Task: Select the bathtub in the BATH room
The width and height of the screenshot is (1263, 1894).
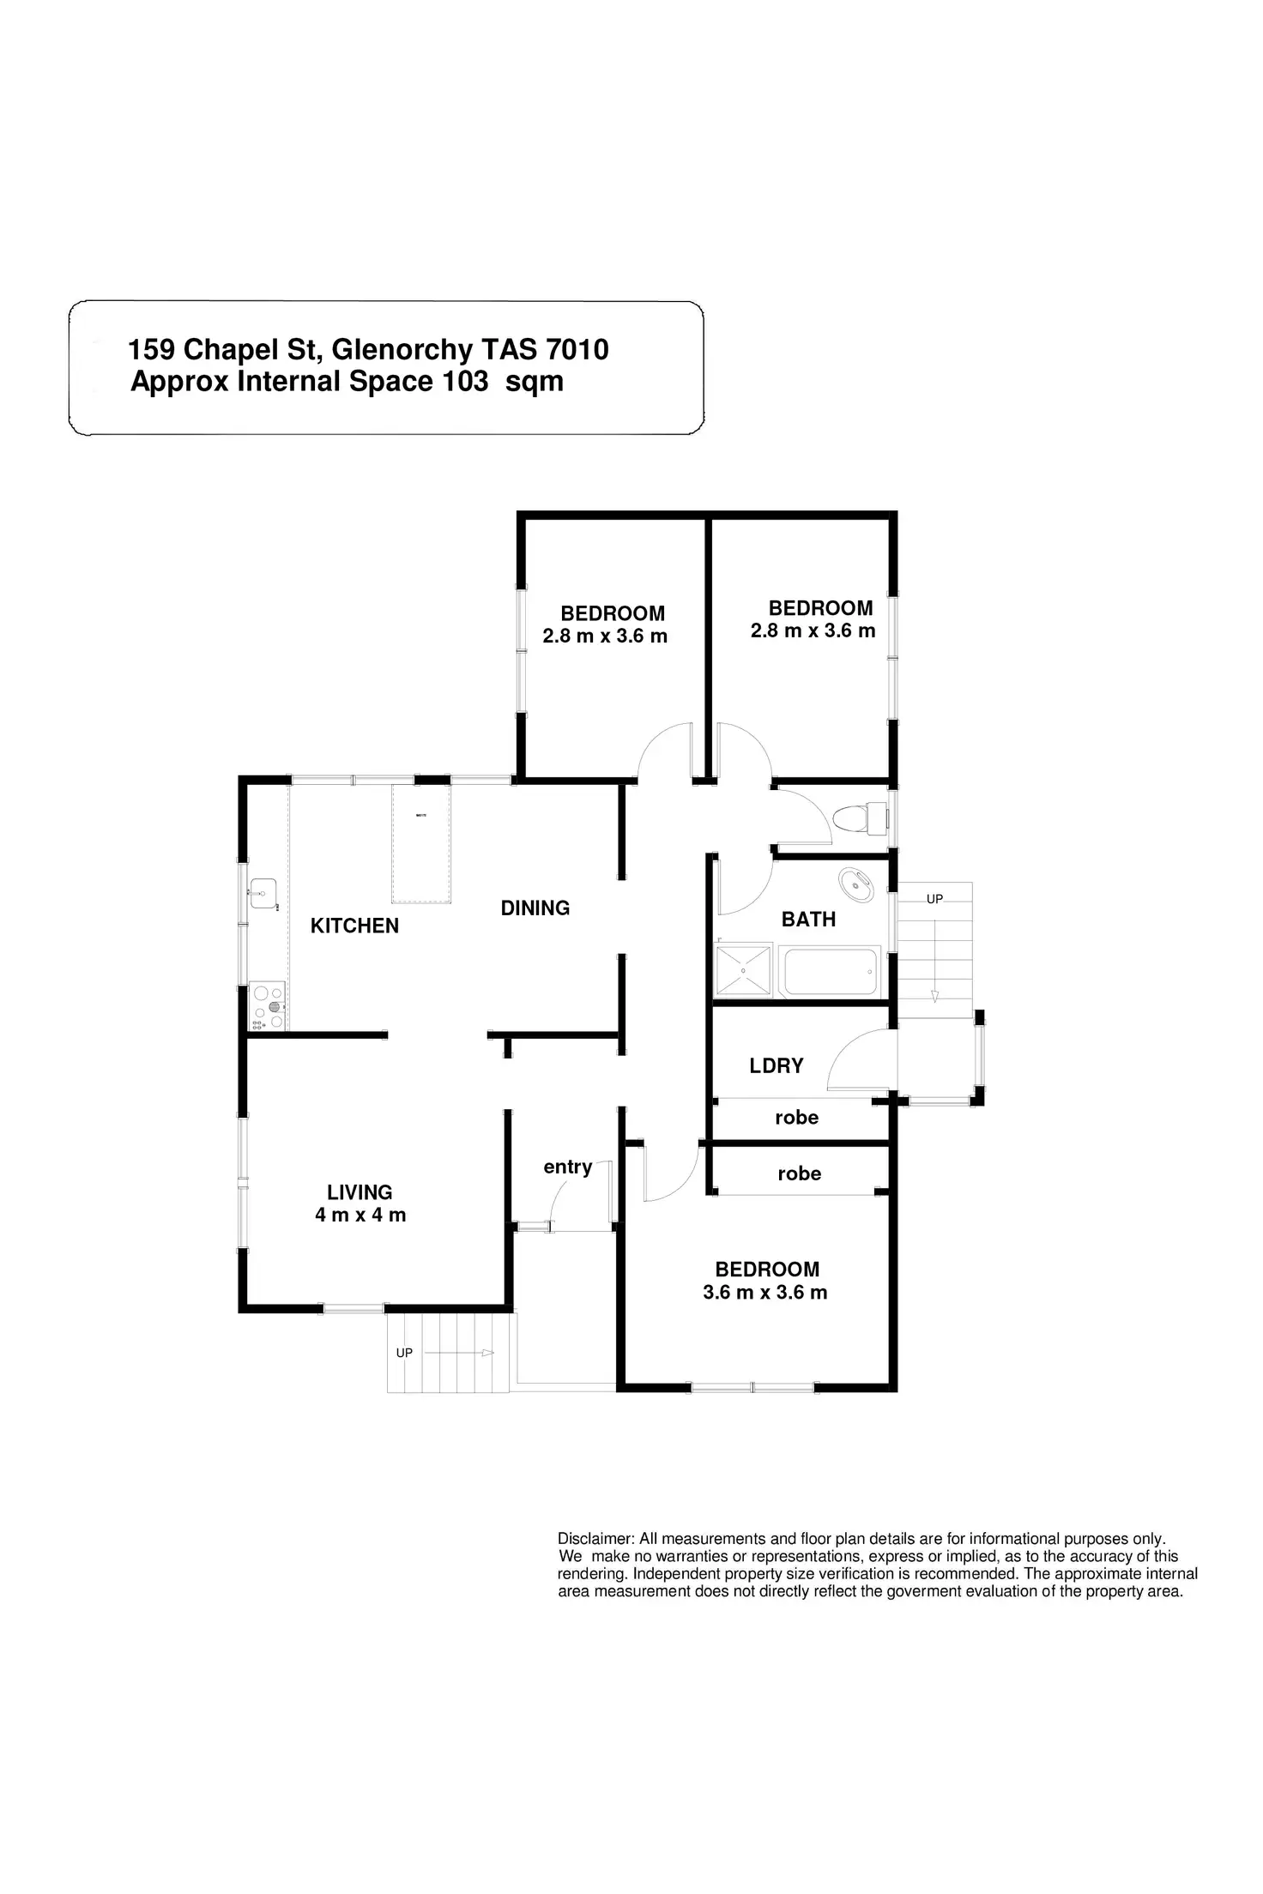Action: [x=831, y=971]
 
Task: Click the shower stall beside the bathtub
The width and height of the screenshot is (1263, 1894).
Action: [x=744, y=971]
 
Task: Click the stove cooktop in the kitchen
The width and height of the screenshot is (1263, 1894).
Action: [x=267, y=1006]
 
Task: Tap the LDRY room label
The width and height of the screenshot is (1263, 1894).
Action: [x=776, y=1065]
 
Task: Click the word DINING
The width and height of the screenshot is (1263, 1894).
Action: [x=535, y=908]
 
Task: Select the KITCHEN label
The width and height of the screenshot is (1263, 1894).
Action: [x=354, y=926]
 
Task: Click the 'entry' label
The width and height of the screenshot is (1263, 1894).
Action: [x=567, y=1167]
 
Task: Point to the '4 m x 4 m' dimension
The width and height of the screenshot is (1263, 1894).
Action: [x=360, y=1215]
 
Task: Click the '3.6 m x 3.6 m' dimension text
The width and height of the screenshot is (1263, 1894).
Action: [x=764, y=1293]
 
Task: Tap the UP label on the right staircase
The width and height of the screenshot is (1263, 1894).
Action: [x=934, y=899]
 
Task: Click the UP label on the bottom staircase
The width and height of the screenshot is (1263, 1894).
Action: [x=404, y=1353]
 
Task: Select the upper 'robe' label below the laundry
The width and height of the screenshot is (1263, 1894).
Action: [x=796, y=1117]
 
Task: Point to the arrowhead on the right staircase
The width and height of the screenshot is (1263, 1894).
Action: [x=934, y=996]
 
